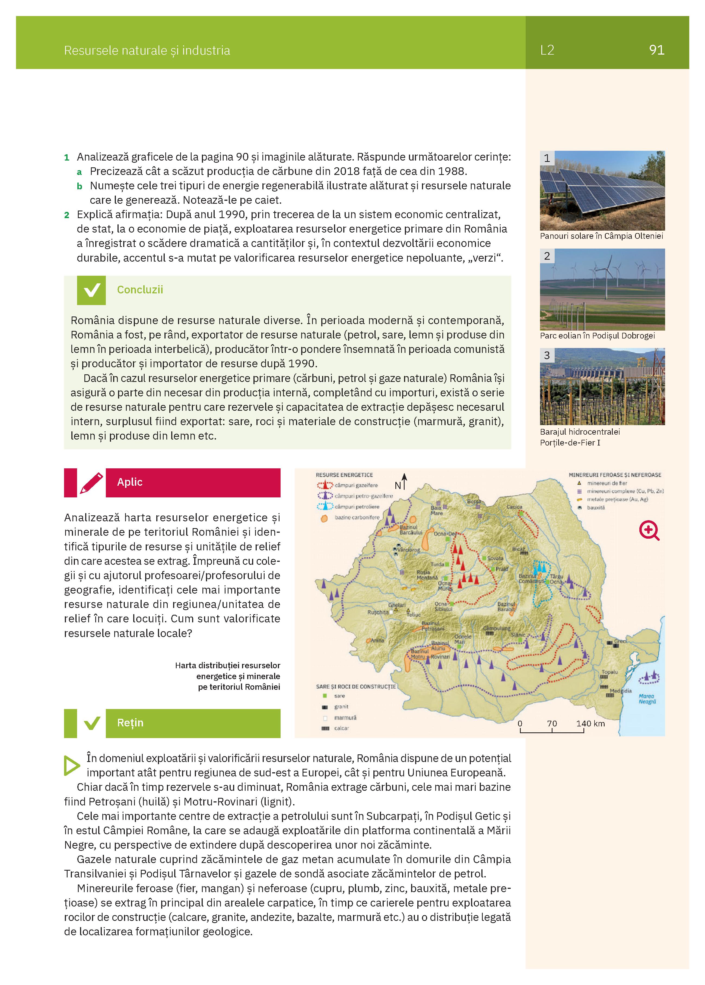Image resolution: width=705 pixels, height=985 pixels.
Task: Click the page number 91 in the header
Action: point(656,50)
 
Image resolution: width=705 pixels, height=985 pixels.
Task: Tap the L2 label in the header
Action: point(547,50)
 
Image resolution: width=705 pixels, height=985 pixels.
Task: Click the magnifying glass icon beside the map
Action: point(649,530)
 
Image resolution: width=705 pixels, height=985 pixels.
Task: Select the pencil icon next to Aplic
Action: point(91,482)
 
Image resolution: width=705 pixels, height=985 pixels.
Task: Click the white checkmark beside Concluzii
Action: point(91,290)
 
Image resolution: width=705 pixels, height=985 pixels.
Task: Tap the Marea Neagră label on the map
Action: point(647,698)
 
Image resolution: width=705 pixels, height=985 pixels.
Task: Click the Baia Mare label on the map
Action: point(436,510)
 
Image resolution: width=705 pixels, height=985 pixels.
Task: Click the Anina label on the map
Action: point(377,640)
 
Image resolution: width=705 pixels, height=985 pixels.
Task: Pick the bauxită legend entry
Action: point(596,507)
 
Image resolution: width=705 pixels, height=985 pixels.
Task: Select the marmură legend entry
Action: point(345,717)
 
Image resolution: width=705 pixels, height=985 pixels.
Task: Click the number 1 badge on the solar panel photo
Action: point(547,158)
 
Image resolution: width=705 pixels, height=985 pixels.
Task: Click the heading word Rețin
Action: point(130,723)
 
